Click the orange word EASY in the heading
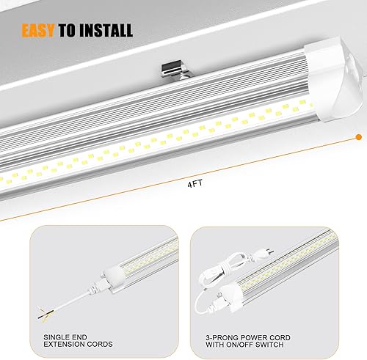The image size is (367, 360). (x=40, y=30)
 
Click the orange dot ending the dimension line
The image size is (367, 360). (x=357, y=136)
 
